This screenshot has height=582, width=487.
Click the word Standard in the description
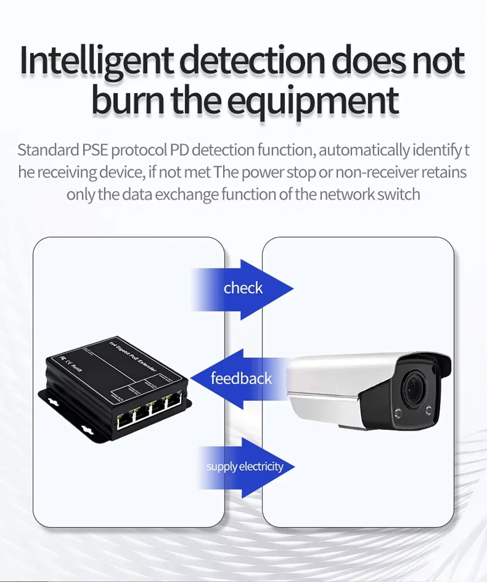[x=48, y=150]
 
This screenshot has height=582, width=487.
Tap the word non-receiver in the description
[x=377, y=172]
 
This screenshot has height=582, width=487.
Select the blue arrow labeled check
[x=243, y=288]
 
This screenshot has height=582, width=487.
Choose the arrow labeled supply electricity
[x=245, y=467]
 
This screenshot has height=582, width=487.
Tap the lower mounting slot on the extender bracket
[x=88, y=430]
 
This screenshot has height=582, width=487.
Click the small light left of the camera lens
[x=396, y=413]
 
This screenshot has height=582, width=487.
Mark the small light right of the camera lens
[x=429, y=410]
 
